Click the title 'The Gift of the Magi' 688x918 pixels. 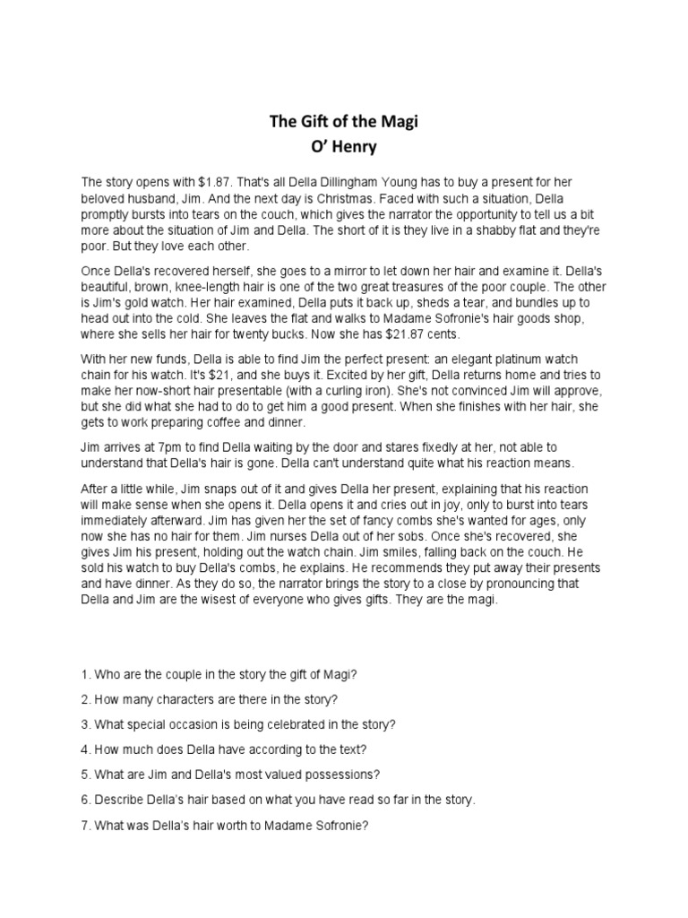point(344,123)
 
